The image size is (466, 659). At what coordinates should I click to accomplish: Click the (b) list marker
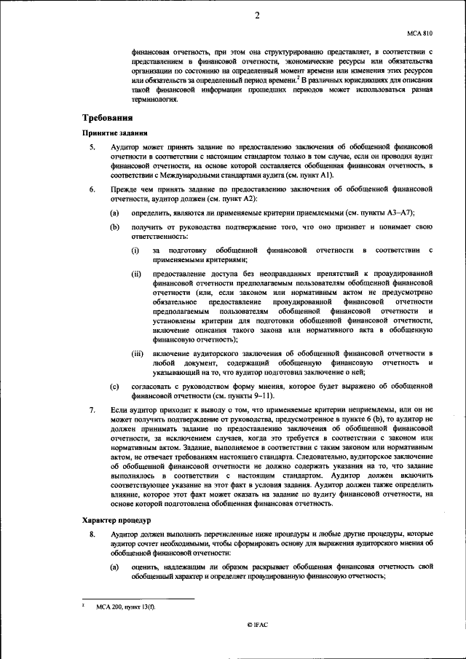tap(114, 227)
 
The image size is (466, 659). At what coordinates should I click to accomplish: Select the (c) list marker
tap(114, 384)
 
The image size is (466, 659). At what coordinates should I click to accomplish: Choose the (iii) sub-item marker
tap(138, 352)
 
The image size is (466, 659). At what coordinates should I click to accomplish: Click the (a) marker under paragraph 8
tap(114, 565)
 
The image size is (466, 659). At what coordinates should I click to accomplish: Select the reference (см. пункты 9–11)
tap(221, 395)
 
